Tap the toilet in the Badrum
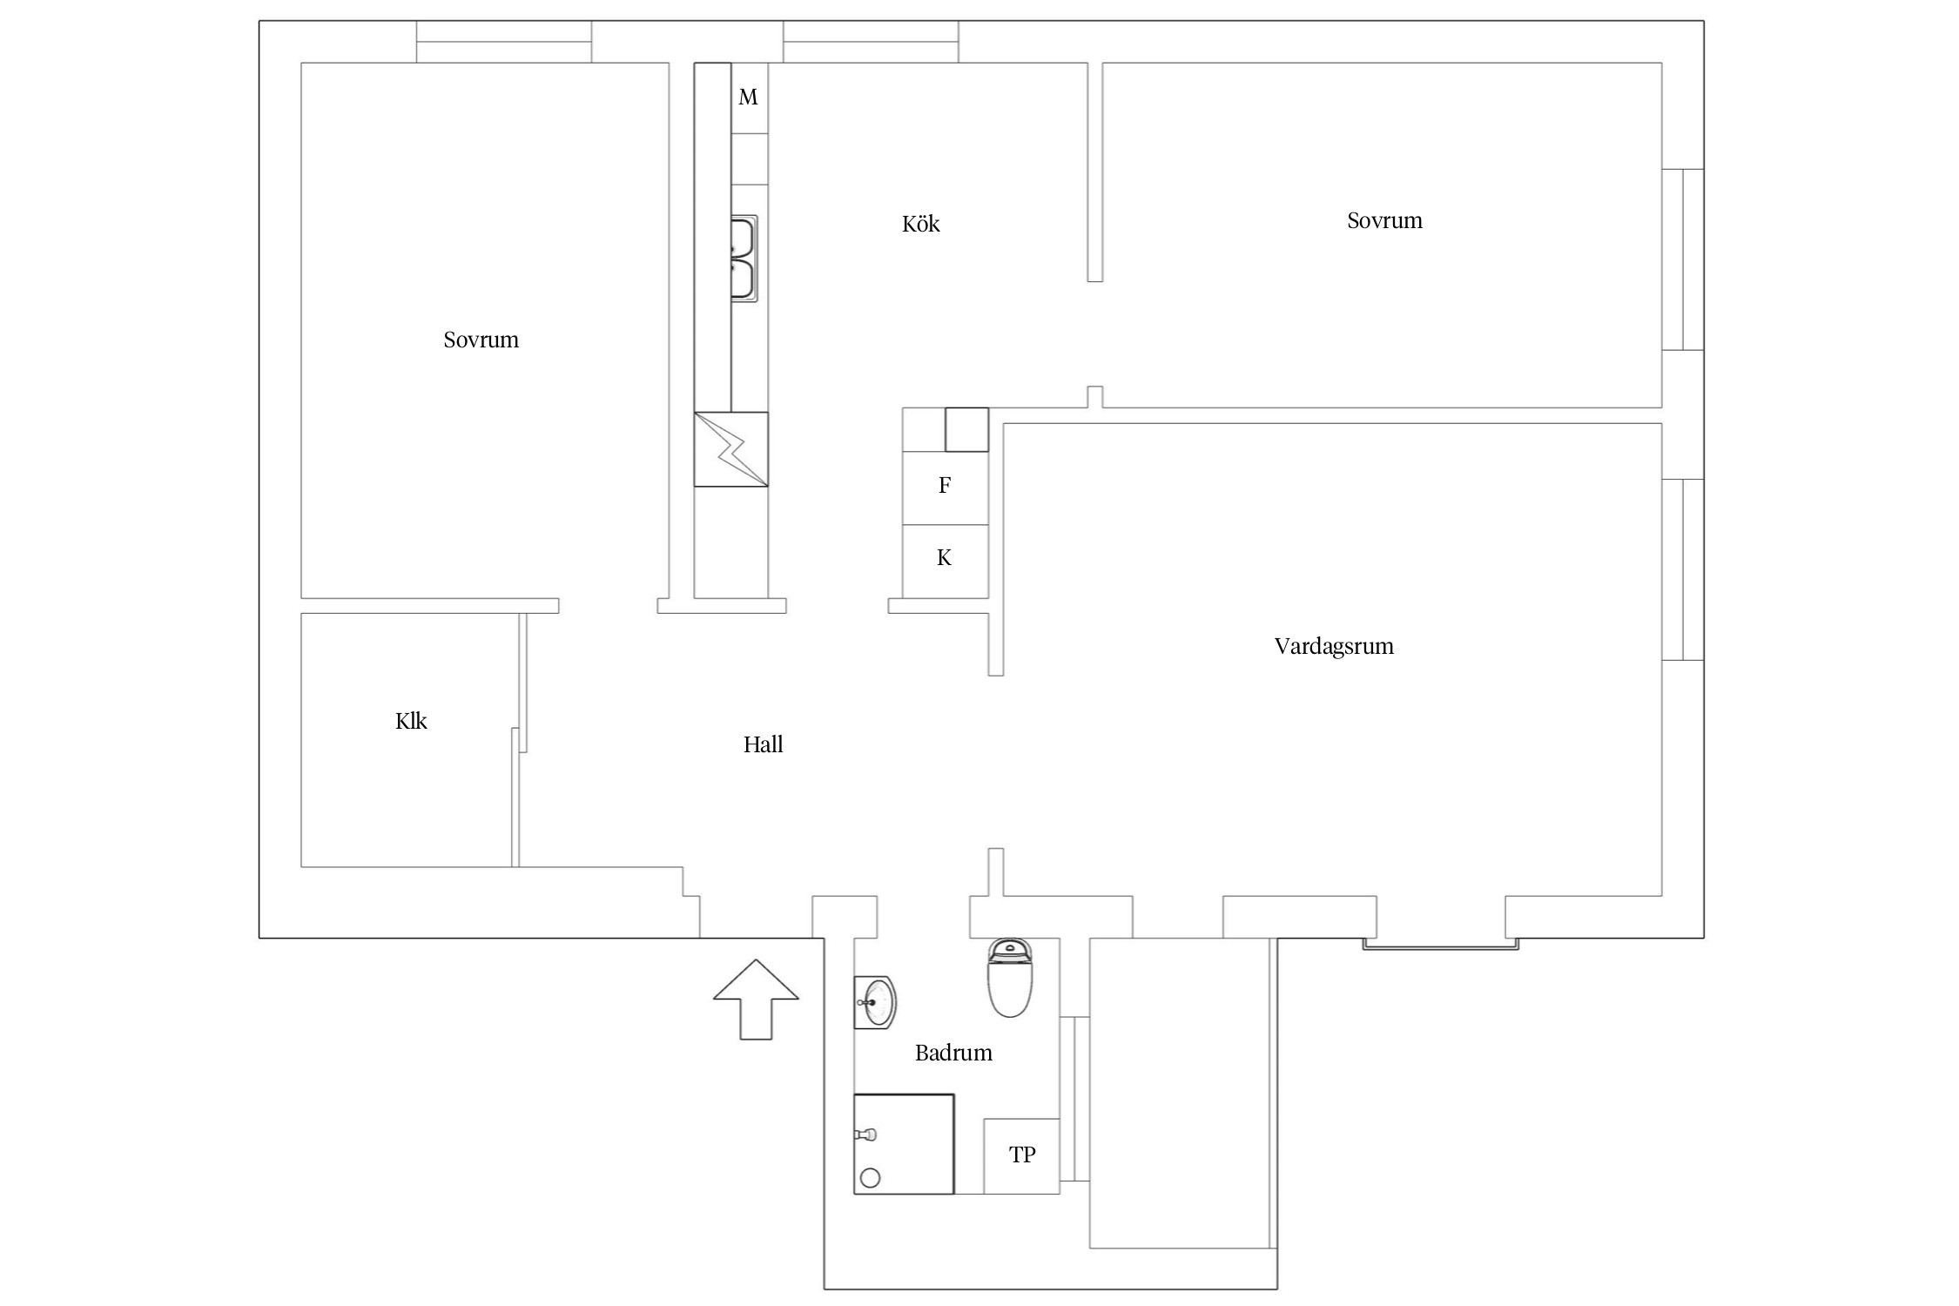click(x=1010, y=978)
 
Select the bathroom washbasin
click(x=875, y=1002)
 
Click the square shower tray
click(x=904, y=1143)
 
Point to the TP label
click(x=1022, y=1155)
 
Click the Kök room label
click(x=920, y=224)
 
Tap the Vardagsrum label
click(x=1334, y=647)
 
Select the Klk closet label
click(x=411, y=721)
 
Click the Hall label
click(x=763, y=744)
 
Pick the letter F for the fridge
click(x=945, y=486)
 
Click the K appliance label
click(x=945, y=558)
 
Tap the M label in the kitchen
click(x=748, y=98)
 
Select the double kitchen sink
click(x=744, y=259)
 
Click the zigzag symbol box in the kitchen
click(x=731, y=449)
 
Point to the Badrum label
click(x=953, y=1054)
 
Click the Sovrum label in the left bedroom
click(x=481, y=340)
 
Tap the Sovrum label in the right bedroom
click(x=1384, y=221)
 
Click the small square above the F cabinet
click(x=967, y=430)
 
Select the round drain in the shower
click(x=870, y=1179)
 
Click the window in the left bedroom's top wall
click(x=504, y=42)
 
